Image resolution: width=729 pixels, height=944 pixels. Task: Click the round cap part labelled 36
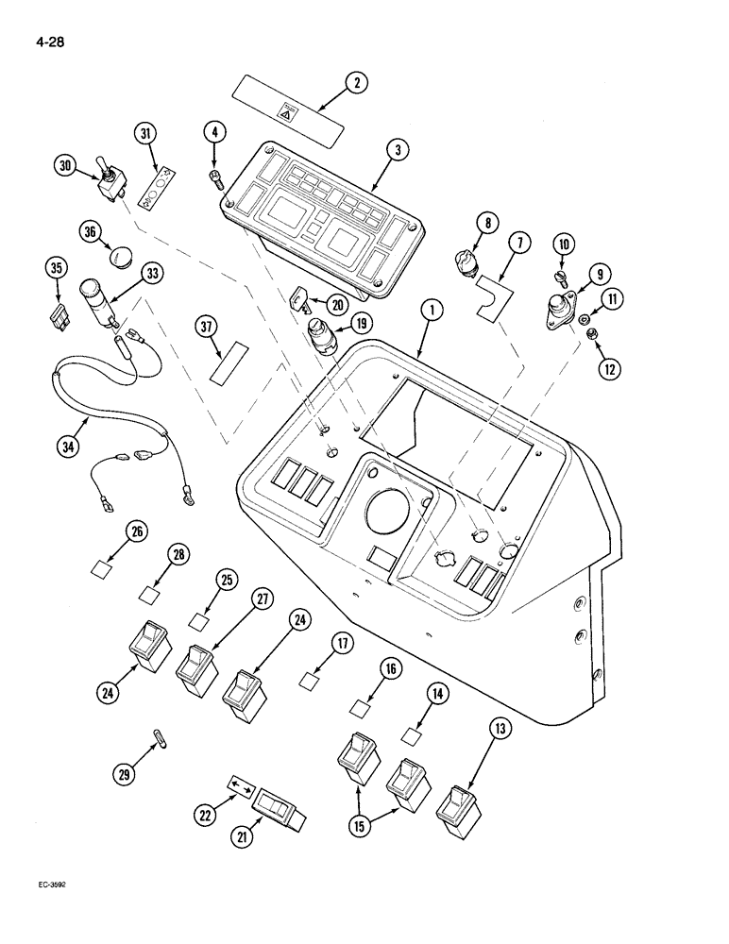119,255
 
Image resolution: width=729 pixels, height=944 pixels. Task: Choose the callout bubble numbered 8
486,223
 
